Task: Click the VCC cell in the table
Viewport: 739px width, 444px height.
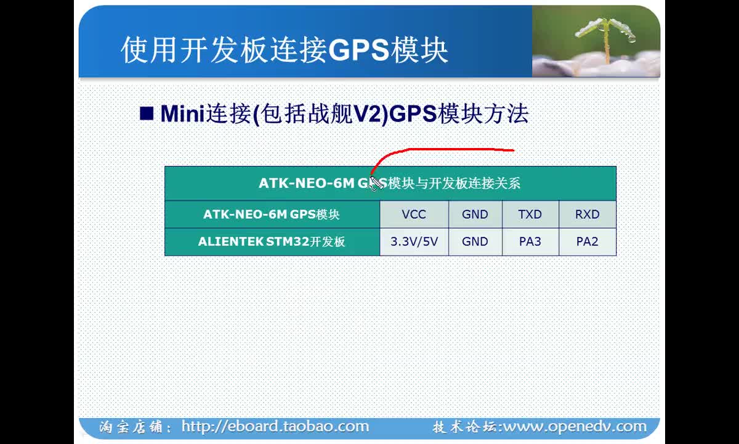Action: pyautogui.click(x=414, y=215)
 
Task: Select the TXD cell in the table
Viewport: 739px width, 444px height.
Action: pyautogui.click(x=530, y=215)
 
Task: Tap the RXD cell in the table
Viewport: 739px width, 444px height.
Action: pyautogui.click(x=588, y=215)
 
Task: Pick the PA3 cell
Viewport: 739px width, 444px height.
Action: pyautogui.click(x=530, y=242)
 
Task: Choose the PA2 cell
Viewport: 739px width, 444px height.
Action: pyautogui.click(x=588, y=242)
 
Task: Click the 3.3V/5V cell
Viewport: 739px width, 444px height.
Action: pyautogui.click(x=414, y=242)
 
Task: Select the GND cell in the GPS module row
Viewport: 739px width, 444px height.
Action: pyautogui.click(x=475, y=215)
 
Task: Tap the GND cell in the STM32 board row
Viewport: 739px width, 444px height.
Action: pyautogui.click(x=475, y=242)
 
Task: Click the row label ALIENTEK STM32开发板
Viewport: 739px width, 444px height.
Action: pyautogui.click(x=272, y=242)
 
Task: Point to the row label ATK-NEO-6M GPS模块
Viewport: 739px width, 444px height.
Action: pyautogui.click(x=272, y=215)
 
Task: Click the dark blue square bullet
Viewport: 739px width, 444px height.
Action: pyautogui.click(x=147, y=113)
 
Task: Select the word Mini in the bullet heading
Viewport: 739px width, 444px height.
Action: pyautogui.click(x=183, y=113)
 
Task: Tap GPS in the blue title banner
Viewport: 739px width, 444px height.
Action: pyautogui.click(x=358, y=50)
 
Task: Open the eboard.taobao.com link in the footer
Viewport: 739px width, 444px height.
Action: pyautogui.click(x=275, y=426)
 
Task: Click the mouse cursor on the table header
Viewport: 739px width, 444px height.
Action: pyautogui.click(x=376, y=183)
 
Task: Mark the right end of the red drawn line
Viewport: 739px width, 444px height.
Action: pyautogui.click(x=514, y=150)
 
